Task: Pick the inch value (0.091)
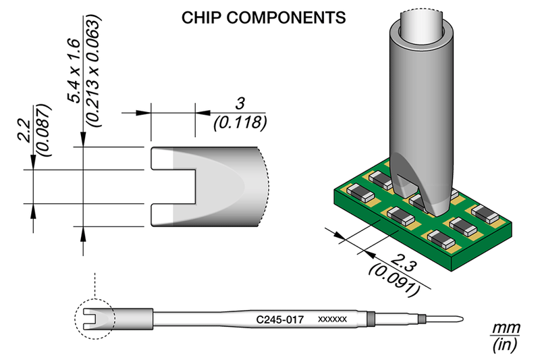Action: (395, 280)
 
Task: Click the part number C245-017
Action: (279, 317)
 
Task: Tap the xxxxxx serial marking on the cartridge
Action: (331, 318)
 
